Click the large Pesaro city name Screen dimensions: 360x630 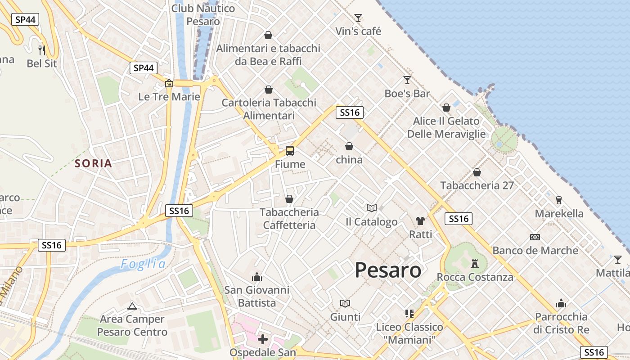pyautogui.click(x=388, y=270)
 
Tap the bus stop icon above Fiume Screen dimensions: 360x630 pyautogui.click(x=290, y=151)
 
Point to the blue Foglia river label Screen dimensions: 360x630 pyautogui.click(x=143, y=264)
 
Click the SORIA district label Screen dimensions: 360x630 pyautogui.click(x=94, y=163)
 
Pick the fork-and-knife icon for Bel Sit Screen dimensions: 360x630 pyautogui.click(x=42, y=50)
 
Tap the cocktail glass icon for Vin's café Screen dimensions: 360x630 pyautogui.click(x=358, y=18)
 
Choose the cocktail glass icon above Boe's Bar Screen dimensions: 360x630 pyautogui.click(x=407, y=80)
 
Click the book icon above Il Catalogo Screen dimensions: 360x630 pyautogui.click(x=372, y=208)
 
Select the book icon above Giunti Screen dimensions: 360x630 pyautogui.click(x=345, y=304)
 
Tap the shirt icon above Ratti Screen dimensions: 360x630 pyautogui.click(x=420, y=220)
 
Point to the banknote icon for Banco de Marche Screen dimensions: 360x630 pyautogui.click(x=535, y=237)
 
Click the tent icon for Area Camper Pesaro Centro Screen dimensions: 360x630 pyautogui.click(x=132, y=306)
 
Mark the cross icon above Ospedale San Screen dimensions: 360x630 pyautogui.click(x=263, y=339)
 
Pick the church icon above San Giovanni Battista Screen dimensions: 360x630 pyautogui.click(x=257, y=277)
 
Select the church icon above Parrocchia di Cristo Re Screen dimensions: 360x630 pyautogui.click(x=561, y=304)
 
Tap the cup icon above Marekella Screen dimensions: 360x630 pyautogui.click(x=559, y=200)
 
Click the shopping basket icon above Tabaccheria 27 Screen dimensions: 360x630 pyautogui.click(x=477, y=172)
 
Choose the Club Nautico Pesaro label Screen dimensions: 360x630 pyautogui.click(x=203, y=14)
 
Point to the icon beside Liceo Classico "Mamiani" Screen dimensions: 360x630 pyautogui.click(x=409, y=313)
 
